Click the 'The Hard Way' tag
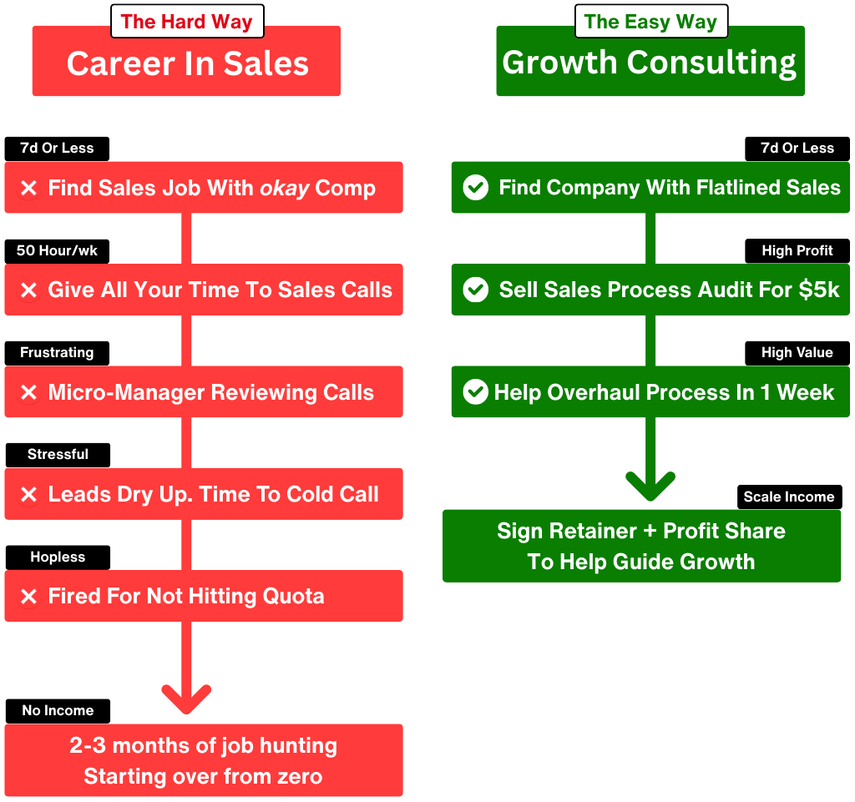point(187,22)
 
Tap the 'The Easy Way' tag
point(650,22)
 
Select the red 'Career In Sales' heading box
point(187,63)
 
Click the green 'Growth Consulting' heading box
point(650,63)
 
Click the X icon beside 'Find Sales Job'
point(29,189)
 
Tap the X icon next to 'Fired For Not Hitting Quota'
point(29,597)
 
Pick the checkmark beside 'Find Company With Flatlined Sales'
point(476,188)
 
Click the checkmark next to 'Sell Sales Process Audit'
point(476,290)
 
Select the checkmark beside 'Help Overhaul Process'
point(476,391)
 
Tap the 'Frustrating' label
point(57,352)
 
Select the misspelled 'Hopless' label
point(58,557)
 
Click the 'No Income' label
point(58,710)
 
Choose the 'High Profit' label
point(797,250)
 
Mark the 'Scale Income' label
point(789,497)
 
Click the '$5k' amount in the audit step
point(819,290)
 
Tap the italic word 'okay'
point(285,188)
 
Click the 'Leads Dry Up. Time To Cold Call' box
point(204,494)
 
